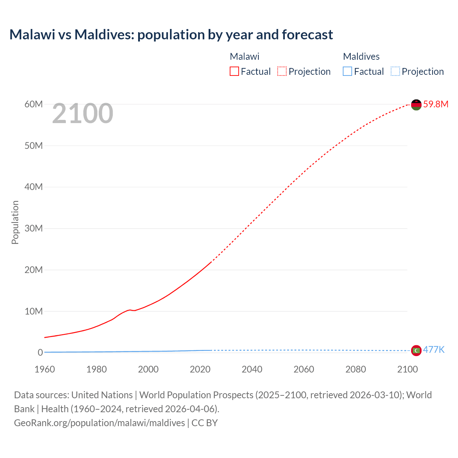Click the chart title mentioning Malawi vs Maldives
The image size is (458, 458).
[171, 35]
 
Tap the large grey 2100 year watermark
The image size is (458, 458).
[83, 113]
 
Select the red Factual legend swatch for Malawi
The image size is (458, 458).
[234, 72]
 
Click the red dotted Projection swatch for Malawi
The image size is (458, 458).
[282, 72]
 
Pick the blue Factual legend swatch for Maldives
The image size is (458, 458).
[347, 72]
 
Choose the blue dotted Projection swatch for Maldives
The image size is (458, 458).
[395, 72]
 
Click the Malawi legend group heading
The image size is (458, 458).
[244, 57]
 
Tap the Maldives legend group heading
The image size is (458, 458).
[361, 57]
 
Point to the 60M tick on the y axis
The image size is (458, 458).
[34, 104]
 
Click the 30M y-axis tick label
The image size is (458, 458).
[34, 228]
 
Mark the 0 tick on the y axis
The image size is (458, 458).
[40, 352]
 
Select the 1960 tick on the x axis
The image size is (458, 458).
[45, 369]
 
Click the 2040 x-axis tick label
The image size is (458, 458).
[252, 369]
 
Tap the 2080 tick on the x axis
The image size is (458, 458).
[356, 369]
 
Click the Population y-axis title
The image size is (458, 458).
[15, 222]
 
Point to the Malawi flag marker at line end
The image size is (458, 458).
[416, 105]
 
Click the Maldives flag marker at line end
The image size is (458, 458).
[416, 351]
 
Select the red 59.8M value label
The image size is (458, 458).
[435, 104]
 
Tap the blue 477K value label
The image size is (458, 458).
[434, 350]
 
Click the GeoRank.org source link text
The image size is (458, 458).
[99, 423]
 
